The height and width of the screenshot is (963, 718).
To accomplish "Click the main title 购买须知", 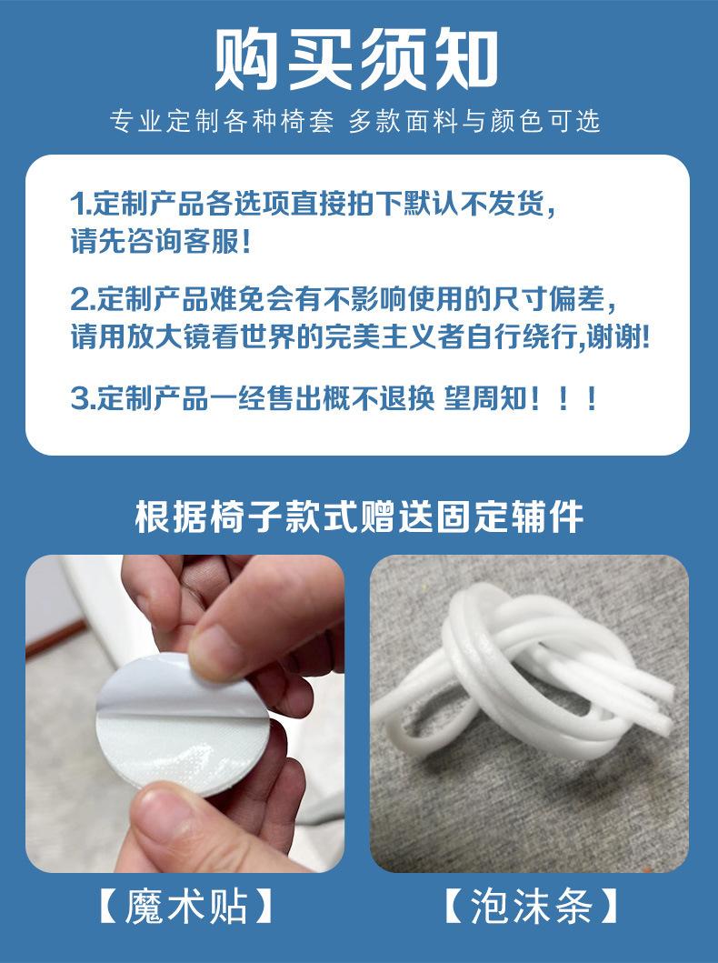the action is coord(356,60).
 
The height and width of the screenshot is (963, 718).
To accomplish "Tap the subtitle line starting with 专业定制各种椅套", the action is coord(355,121).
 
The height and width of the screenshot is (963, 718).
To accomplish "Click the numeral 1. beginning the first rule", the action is coord(81,205).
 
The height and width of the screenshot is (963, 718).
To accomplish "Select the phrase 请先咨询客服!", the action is coord(161,240).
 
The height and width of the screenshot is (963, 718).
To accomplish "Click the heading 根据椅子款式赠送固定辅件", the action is coord(359,517).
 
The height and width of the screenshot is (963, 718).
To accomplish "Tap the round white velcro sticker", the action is coord(183,725).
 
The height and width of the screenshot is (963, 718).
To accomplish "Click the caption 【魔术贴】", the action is coord(184,906).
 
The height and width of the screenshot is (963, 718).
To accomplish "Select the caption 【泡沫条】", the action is coord(530,906).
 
